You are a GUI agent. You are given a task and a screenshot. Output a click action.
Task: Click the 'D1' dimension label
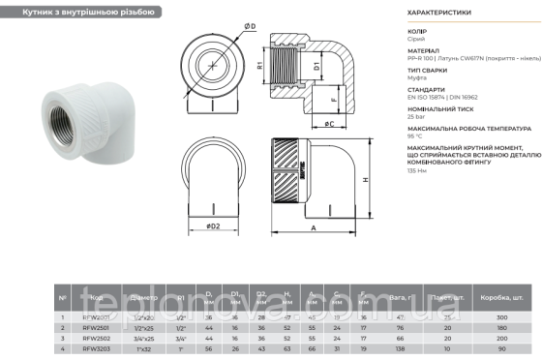point(316,67)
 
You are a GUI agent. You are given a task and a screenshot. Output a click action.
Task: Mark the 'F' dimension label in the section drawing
point(332,98)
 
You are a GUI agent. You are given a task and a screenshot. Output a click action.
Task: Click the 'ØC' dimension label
point(329,125)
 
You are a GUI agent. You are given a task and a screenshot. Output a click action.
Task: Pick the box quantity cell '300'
point(500,316)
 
